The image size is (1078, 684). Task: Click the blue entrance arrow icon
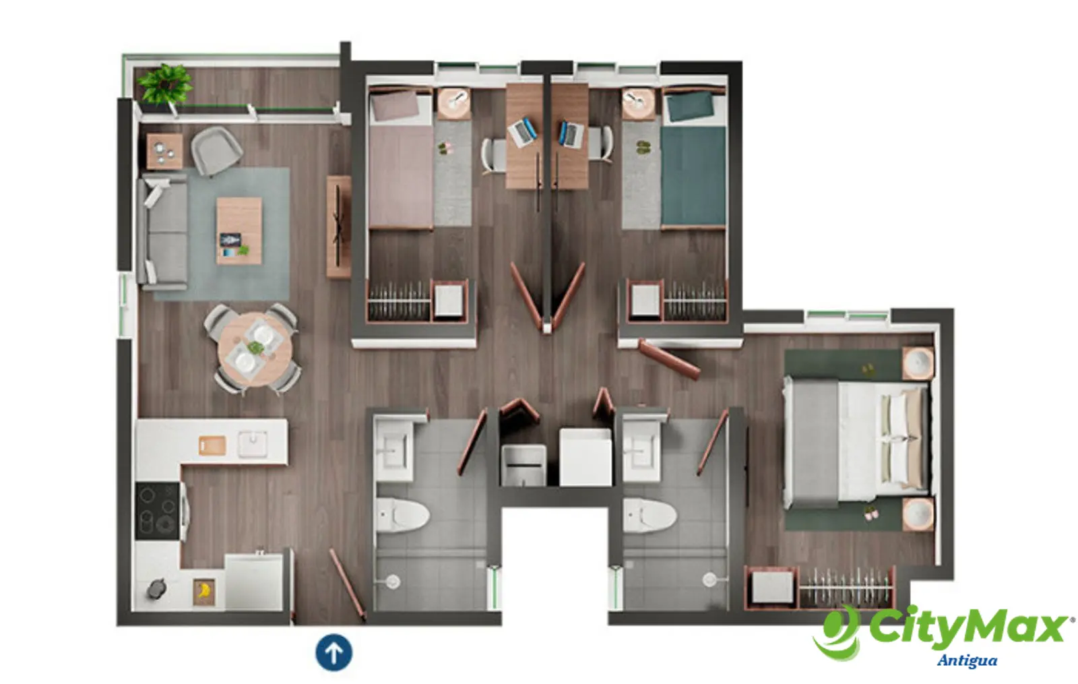334,653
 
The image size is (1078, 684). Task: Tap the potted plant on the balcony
164,84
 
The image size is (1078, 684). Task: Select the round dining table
255,350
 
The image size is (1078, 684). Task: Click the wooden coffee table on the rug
239,230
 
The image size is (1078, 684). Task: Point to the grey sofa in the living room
162,233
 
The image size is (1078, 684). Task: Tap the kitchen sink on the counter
253,444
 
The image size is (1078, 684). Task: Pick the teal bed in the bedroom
693,159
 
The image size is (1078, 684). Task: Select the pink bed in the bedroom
401,159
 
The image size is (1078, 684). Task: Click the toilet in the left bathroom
402,515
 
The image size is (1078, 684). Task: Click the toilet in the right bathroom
649,515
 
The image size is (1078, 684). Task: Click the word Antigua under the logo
967,661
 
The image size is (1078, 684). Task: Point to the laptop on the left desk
522,132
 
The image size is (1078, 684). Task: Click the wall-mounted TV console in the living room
339,226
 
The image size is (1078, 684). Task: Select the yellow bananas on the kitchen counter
204,590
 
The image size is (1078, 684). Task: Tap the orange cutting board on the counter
212,445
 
